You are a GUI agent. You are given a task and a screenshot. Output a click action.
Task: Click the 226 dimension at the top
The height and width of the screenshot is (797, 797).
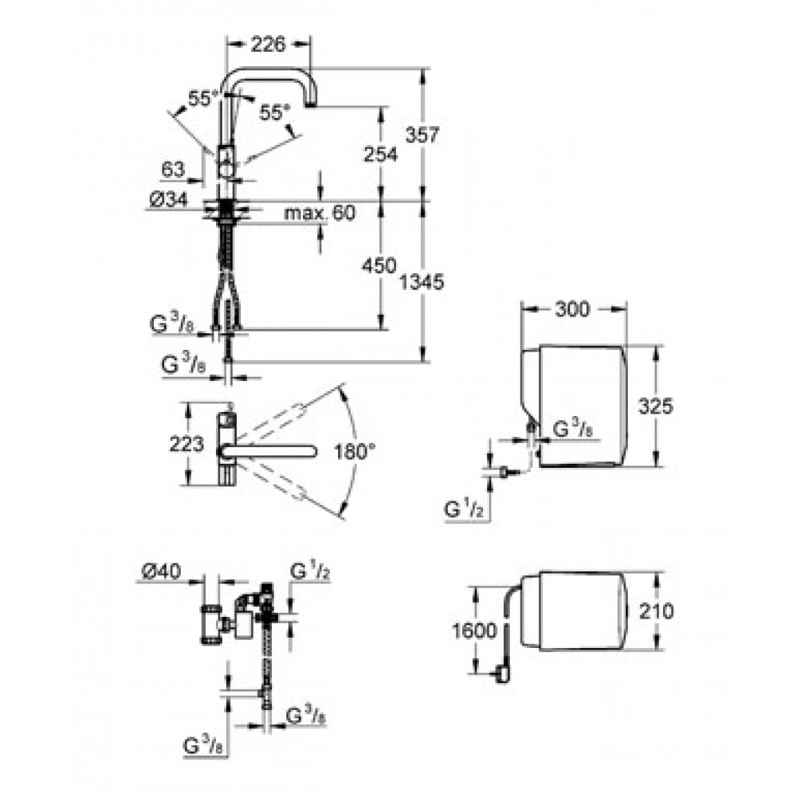coord(269,45)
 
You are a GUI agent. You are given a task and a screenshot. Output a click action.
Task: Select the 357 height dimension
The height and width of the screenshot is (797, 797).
coord(422,135)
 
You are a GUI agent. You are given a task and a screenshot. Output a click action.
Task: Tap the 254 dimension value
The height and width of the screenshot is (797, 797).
coord(381,154)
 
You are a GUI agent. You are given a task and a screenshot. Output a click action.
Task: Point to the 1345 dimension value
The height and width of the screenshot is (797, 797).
coord(422,281)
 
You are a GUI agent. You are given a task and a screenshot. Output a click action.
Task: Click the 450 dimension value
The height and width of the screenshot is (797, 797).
coord(379,265)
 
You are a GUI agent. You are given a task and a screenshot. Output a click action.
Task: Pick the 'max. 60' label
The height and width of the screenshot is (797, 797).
coord(320,213)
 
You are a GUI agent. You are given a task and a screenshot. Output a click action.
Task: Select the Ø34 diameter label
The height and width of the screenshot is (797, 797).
coord(168,199)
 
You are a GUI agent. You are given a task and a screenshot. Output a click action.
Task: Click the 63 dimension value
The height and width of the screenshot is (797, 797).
coord(173,169)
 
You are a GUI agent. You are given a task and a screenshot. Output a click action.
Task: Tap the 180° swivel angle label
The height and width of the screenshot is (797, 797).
coord(355,451)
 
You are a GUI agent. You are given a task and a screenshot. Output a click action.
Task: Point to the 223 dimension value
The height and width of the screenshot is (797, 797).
coord(186,445)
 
